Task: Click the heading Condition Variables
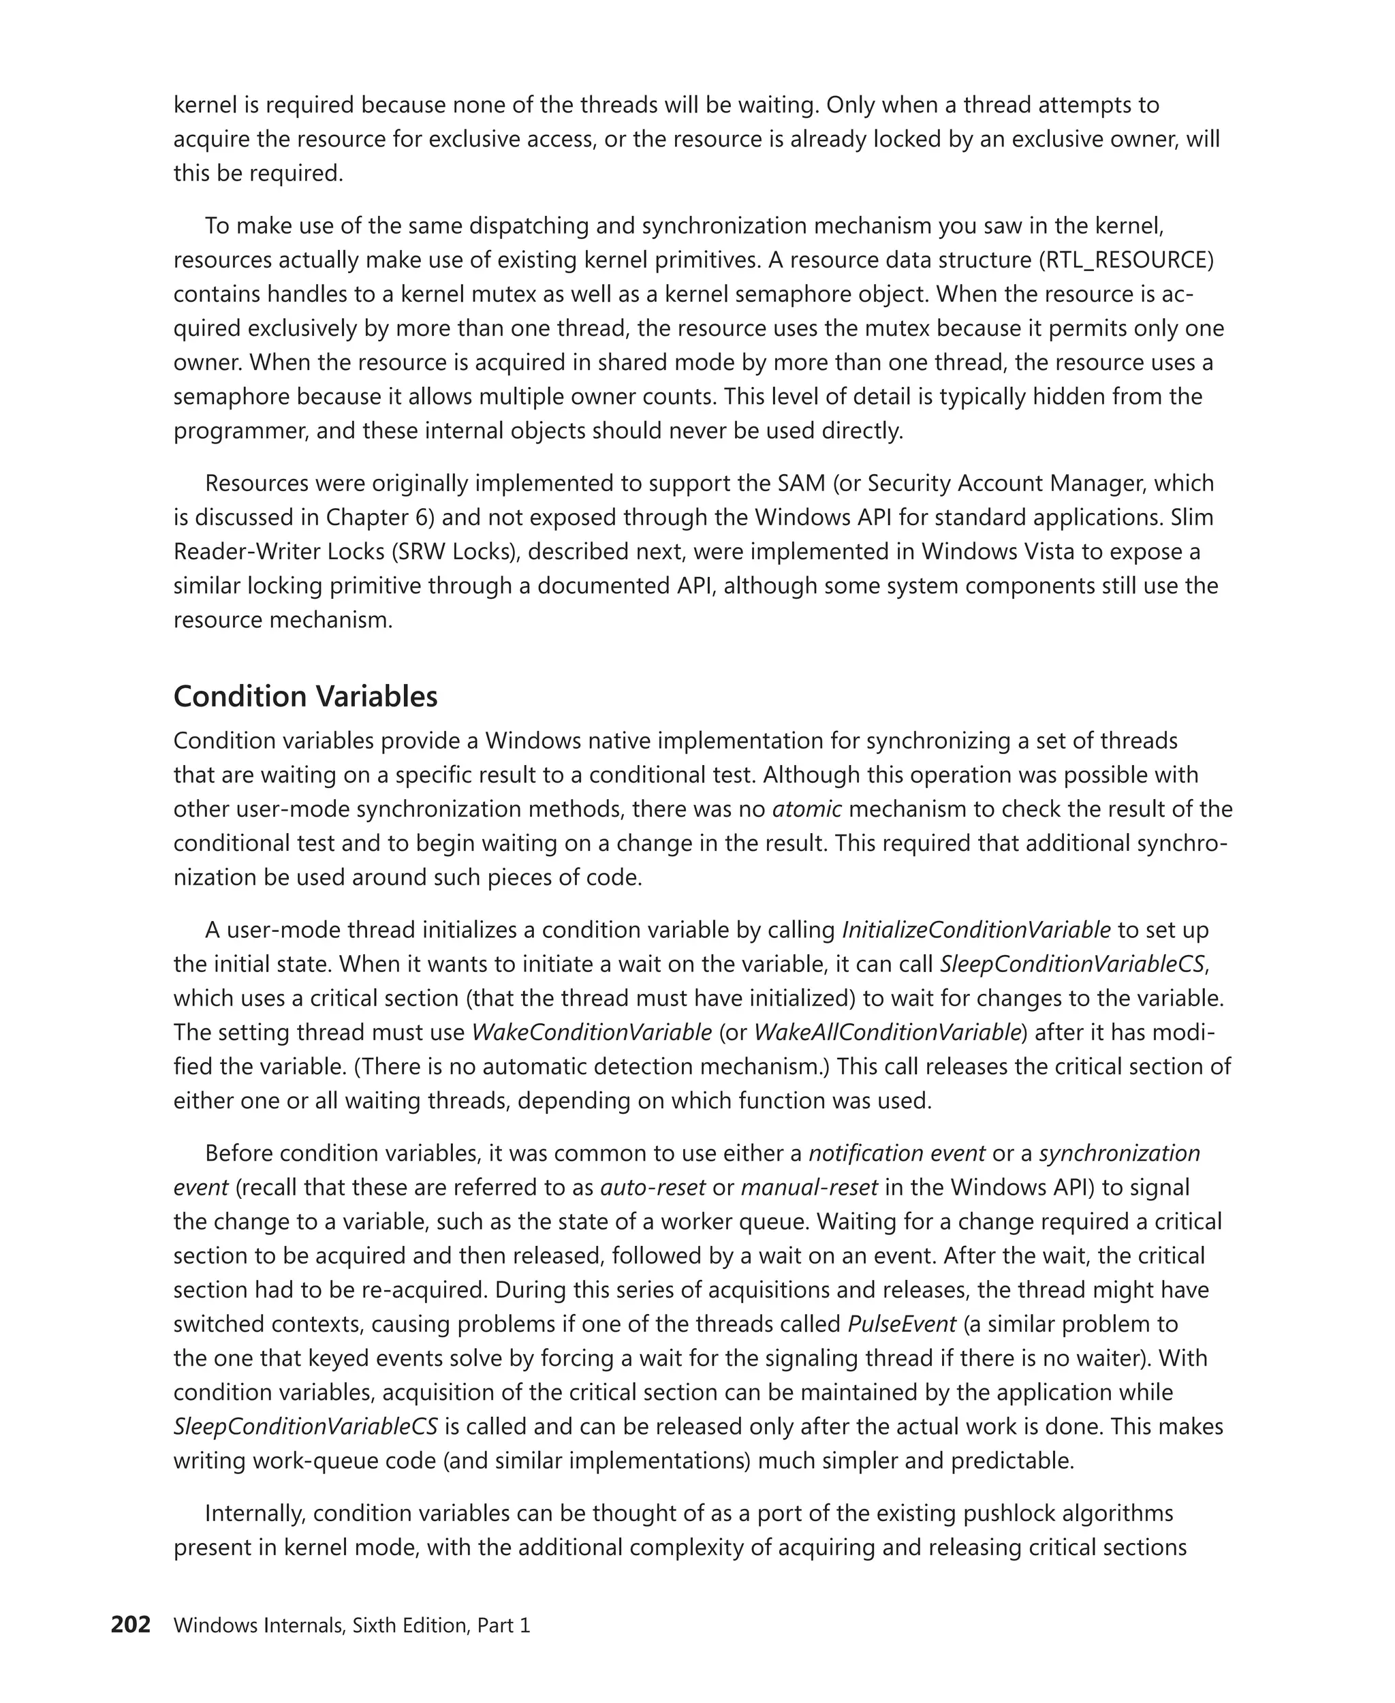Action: pos(305,697)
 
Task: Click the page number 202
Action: pos(130,1625)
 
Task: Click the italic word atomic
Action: pos(806,809)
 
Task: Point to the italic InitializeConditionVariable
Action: pos(975,930)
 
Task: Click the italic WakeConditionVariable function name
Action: pos(591,1033)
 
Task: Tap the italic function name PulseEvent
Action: pos(902,1324)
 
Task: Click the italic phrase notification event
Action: pos(896,1153)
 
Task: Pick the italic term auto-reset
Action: pos(653,1188)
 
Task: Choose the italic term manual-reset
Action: pos(809,1188)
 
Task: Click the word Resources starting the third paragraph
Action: pos(256,484)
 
